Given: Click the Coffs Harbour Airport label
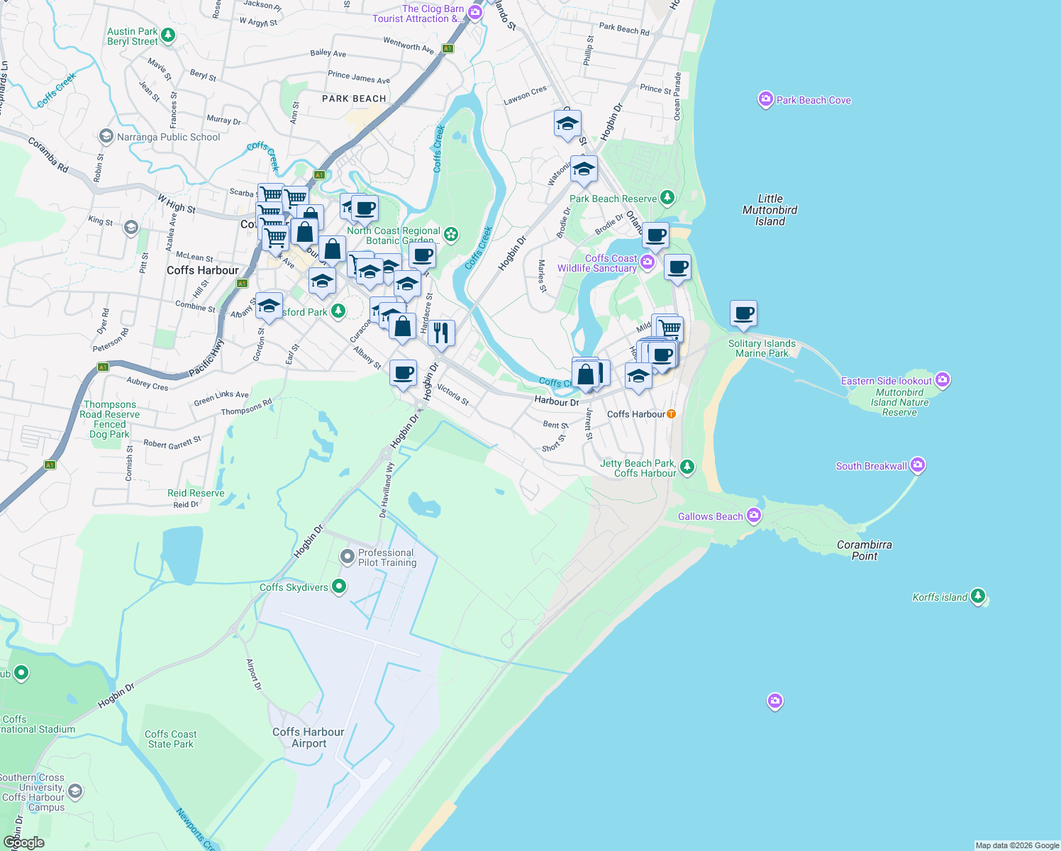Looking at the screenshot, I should tap(309, 738).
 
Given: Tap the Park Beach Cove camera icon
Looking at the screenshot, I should tap(765, 99).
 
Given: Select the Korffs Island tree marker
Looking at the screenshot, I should tap(978, 596).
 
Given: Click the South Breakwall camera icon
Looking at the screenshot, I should tap(918, 465).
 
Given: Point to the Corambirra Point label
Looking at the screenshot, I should tap(865, 550).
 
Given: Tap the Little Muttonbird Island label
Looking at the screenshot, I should tap(770, 210).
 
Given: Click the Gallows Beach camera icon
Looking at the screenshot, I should tap(754, 516).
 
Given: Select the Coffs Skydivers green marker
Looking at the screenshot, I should tap(339, 586).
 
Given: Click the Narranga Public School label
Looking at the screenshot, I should tap(168, 137).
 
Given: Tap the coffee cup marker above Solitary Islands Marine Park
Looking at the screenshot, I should tap(743, 313).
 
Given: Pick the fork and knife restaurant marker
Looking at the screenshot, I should tap(441, 332).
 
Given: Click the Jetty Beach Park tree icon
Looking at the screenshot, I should tap(687, 467).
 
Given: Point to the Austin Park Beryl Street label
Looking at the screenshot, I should tap(133, 37).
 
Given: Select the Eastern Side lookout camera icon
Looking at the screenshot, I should tap(943, 380).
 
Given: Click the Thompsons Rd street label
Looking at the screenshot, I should tap(247, 407).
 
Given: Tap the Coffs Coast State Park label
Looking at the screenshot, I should tap(171, 739).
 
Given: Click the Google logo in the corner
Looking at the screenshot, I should tap(24, 842).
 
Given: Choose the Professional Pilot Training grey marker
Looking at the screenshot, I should tap(347, 556).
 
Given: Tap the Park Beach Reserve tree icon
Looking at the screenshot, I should tap(667, 198).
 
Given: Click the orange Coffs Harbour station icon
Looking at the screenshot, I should tap(671, 413).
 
